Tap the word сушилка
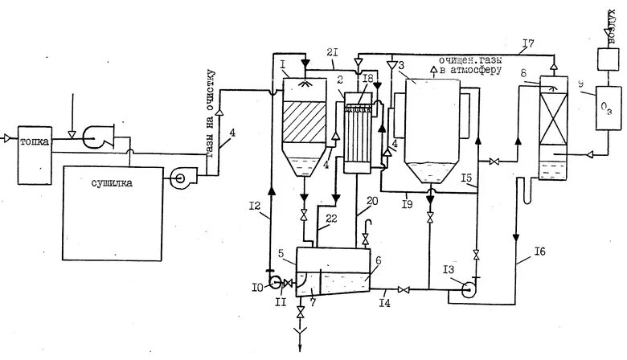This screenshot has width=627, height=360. pos(112,183)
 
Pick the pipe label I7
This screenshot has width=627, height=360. pos(527,42)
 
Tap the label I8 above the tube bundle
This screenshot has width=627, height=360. pos(367,77)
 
